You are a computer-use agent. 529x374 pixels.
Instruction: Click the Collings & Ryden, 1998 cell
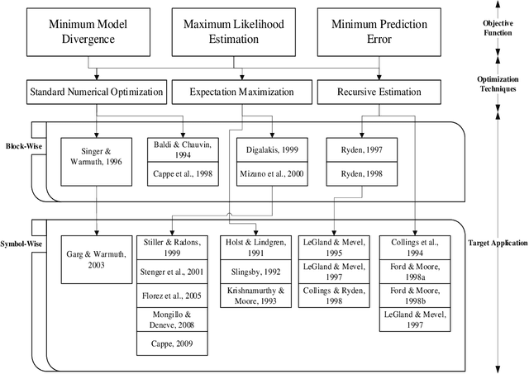[334, 296]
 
